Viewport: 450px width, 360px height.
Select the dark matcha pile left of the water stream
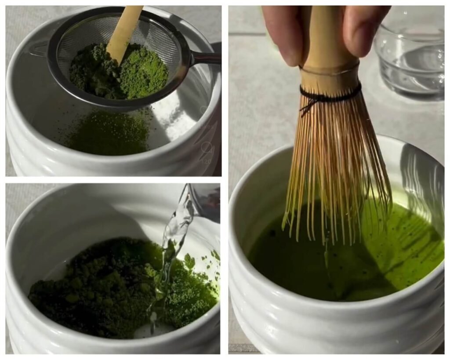(88, 286)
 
